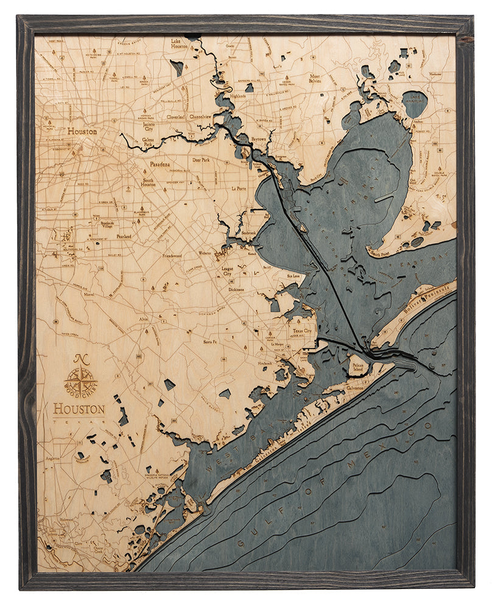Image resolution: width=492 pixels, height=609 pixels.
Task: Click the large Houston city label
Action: point(82,131)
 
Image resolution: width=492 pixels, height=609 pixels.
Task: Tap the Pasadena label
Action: point(162,164)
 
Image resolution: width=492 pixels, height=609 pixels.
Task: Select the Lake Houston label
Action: point(179,43)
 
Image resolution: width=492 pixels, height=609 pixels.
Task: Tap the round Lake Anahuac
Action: point(415,104)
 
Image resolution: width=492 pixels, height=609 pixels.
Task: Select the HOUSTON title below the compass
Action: point(79,409)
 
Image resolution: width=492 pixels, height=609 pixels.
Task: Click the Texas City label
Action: point(301,331)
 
